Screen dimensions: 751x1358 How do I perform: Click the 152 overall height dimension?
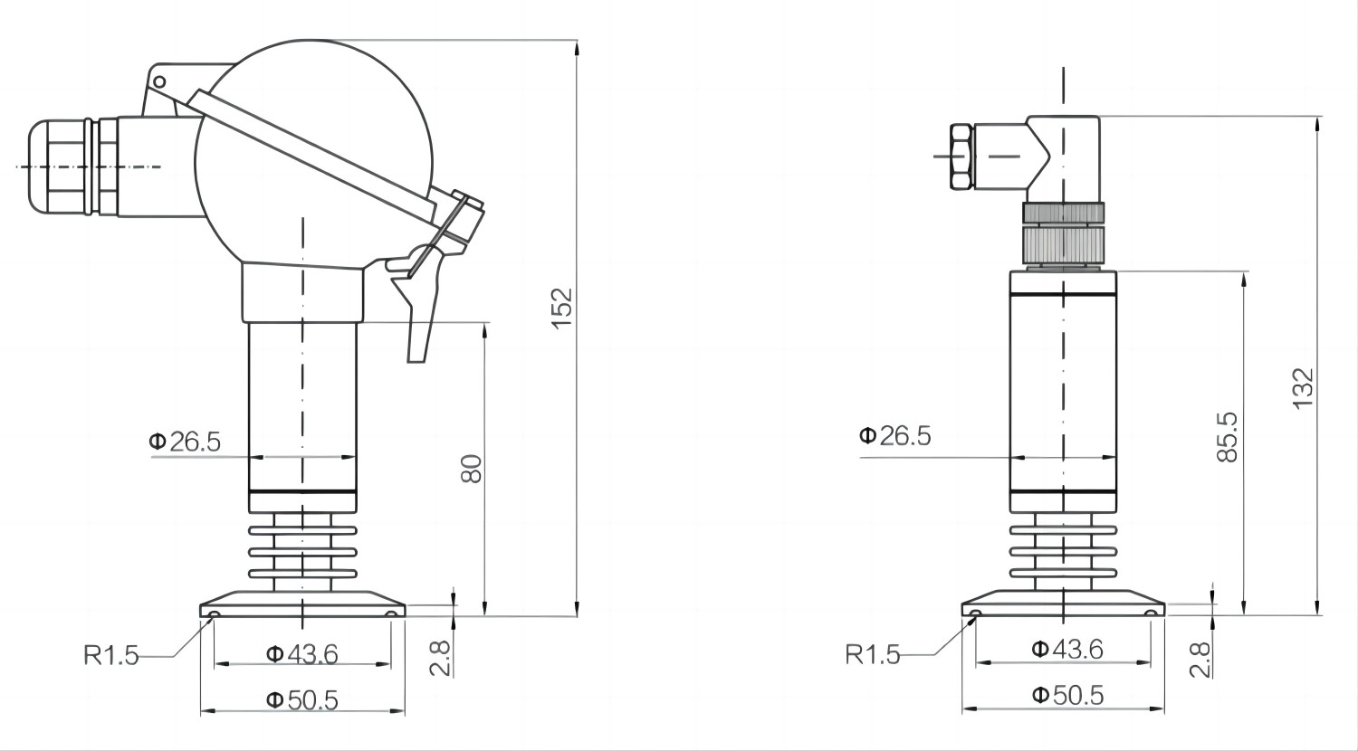[563, 308]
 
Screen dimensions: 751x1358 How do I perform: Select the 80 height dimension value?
[472, 468]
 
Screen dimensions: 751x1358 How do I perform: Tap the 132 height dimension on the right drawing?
[1302, 388]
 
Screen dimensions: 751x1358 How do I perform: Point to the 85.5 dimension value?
[1227, 436]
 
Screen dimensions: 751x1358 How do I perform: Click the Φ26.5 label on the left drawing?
[185, 442]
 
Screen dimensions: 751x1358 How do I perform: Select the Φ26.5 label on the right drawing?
[894, 436]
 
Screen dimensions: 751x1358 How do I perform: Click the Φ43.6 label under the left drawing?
[301, 653]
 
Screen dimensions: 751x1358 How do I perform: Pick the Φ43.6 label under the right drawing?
[1067, 649]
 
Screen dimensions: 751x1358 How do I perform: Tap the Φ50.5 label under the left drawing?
[301, 699]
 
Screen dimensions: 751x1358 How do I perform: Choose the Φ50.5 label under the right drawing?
[1067, 695]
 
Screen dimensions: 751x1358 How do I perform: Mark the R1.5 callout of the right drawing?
[873, 654]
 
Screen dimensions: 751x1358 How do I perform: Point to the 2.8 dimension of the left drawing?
[439, 657]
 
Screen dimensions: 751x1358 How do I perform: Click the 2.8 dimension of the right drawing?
[1200, 660]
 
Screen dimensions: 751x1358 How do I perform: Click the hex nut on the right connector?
[961, 157]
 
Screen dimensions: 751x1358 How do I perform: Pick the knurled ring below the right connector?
[1064, 242]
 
